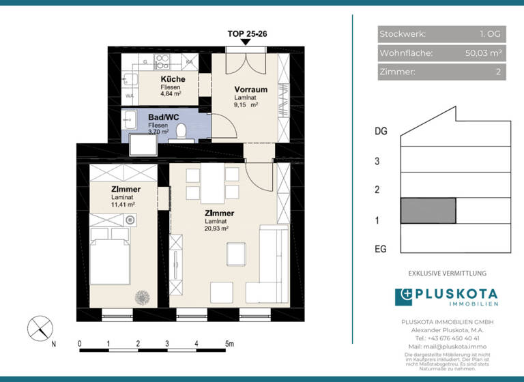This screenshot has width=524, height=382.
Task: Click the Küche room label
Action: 173,80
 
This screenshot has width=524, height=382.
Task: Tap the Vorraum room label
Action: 250,89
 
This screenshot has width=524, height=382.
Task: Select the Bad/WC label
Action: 163,117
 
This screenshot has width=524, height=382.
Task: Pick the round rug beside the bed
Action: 143,297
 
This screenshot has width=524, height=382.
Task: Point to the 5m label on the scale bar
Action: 229,343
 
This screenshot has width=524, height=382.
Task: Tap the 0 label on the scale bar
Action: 80,343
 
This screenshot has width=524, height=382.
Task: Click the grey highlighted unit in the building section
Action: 428,211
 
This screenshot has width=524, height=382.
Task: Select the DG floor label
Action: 381,132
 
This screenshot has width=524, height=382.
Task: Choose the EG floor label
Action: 381,250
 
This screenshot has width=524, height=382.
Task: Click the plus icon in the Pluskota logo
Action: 404,297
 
